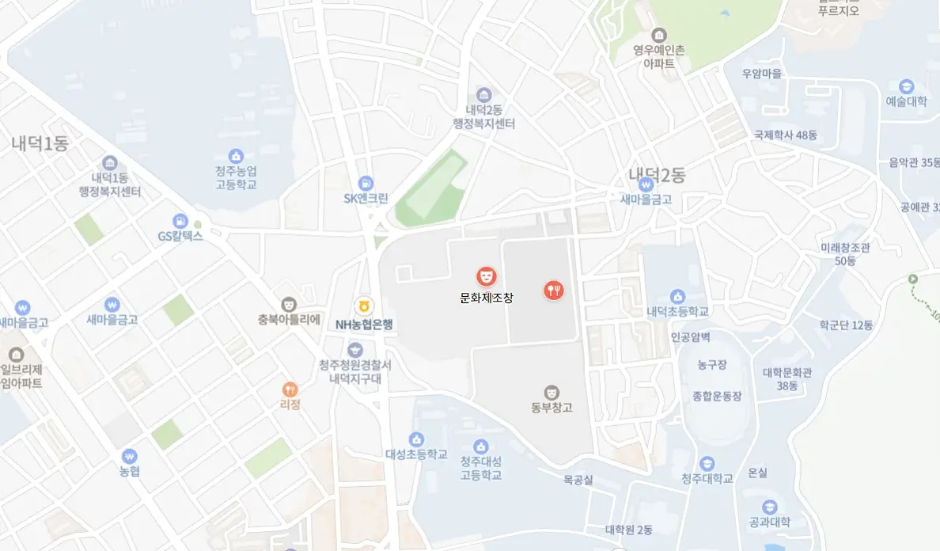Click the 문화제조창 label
(487, 298)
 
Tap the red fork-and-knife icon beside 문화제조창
(554, 291)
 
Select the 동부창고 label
(551, 408)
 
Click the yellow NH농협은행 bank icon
(364, 305)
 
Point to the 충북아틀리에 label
(289, 321)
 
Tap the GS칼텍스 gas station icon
(180, 220)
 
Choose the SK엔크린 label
(366, 199)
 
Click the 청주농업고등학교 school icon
(235, 156)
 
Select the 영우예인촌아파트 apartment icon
(658, 35)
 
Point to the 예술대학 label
(906, 101)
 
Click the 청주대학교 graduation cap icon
(707, 464)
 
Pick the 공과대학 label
(769, 522)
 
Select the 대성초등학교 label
(416, 454)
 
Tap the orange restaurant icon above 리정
(290, 389)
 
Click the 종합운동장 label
(717, 395)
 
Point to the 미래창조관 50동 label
(845, 254)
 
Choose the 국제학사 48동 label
(786, 135)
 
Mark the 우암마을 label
(762, 74)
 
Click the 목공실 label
(578, 479)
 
